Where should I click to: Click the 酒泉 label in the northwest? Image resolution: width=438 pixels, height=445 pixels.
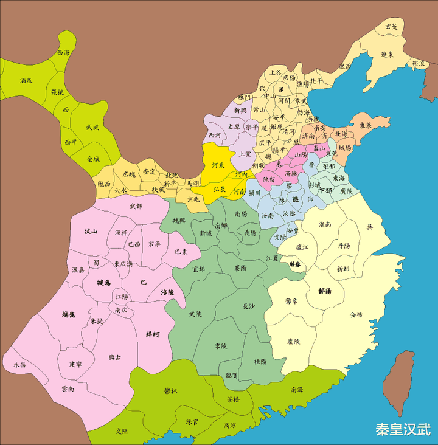coord(26,80)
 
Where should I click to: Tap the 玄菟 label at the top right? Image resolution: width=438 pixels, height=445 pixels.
coord(391,27)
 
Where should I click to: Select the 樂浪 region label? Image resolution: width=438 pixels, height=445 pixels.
coord(419,63)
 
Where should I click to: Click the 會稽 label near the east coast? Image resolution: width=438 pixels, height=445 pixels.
coord(356,316)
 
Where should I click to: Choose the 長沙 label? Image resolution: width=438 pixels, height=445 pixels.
coord(250,306)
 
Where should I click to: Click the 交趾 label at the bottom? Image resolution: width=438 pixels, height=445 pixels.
coord(123,430)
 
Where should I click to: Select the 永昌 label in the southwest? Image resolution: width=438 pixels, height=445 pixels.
coord(19,365)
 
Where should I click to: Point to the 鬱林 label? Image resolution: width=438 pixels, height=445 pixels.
coord(171,391)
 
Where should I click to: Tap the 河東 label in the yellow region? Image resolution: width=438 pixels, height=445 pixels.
coord(220,165)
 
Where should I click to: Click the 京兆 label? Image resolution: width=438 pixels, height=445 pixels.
coord(193,199)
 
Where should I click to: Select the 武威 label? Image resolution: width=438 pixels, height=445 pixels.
coord(92,127)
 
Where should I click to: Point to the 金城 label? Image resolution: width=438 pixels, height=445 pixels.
coord(94,159)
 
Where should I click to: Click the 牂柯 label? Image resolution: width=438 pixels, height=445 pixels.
coord(153,334)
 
